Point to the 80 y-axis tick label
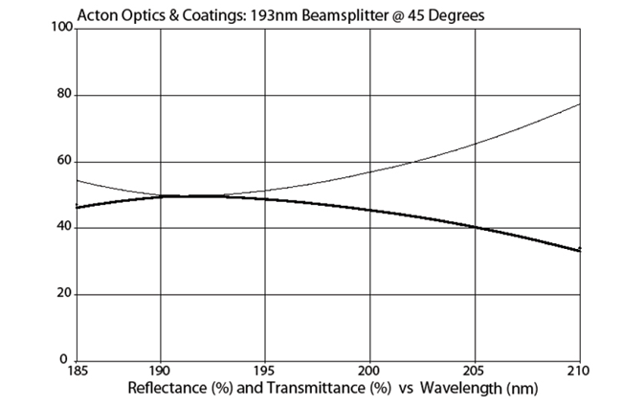point(64,95)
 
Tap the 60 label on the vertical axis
point(64,161)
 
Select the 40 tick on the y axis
point(64,228)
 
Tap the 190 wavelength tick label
point(160,372)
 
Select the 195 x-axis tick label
point(265,372)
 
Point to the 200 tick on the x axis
point(370,372)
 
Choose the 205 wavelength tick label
point(476,372)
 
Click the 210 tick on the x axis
point(579,372)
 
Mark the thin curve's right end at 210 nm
point(580,103)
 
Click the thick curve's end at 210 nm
point(579,250)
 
